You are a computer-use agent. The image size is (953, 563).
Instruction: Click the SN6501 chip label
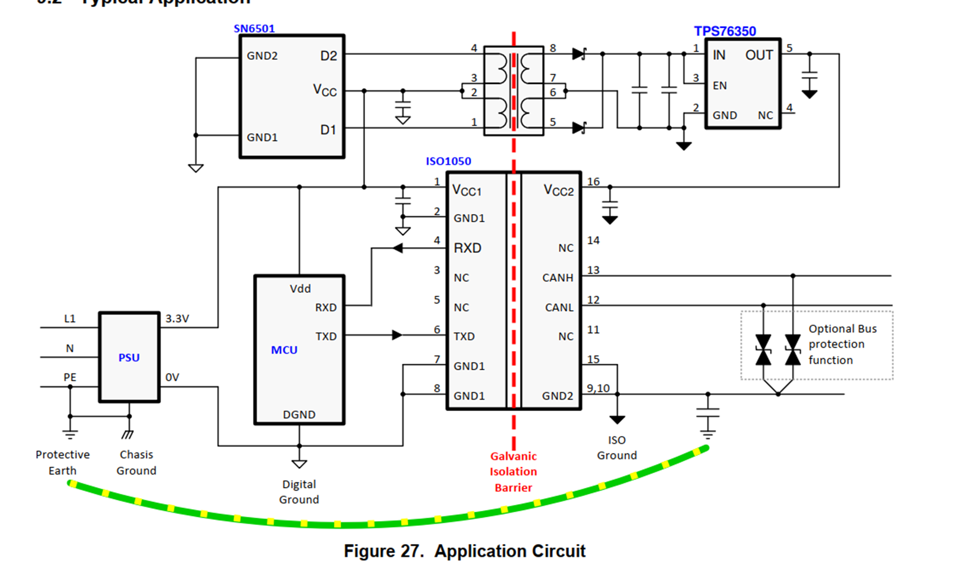254,28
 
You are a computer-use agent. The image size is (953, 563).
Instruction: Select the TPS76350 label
725,31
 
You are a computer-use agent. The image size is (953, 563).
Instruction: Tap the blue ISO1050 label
448,161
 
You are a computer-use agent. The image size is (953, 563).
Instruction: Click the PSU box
129,357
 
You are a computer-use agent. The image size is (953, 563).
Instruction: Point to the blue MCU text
284,350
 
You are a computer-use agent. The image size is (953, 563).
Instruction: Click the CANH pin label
558,278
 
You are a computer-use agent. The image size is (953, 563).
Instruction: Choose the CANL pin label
559,308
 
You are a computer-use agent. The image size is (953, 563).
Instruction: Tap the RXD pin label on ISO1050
468,248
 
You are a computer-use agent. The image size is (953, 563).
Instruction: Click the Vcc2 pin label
559,191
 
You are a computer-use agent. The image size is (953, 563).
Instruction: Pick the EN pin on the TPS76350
720,85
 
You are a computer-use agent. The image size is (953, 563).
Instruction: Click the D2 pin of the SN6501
328,56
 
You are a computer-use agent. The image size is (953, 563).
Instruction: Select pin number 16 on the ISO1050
593,182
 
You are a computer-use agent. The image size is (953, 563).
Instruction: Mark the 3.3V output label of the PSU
178,319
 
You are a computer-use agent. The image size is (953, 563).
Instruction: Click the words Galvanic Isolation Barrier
513,472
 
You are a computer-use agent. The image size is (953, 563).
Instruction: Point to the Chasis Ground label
136,462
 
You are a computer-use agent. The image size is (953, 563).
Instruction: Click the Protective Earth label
62,462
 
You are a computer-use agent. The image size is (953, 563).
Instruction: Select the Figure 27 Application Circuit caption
465,551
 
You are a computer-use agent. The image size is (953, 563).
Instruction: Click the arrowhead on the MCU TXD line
397,335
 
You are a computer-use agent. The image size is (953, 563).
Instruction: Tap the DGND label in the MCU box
299,414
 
